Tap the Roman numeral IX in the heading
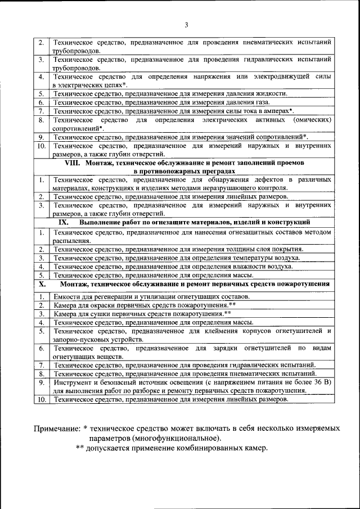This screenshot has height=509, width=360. pos(64,222)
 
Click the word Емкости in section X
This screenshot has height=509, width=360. pos(67,296)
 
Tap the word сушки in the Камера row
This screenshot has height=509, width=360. pos(101,313)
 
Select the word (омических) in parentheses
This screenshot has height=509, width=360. pos(312,120)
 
